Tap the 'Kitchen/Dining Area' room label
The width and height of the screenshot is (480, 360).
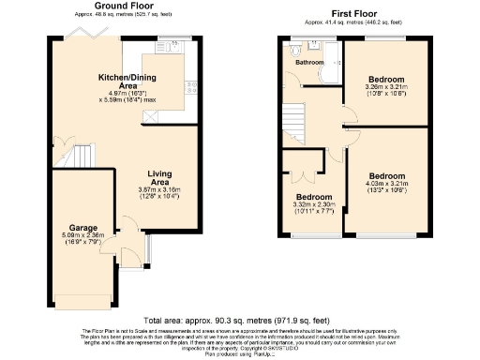[127, 81]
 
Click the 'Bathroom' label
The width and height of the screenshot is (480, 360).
[309, 63]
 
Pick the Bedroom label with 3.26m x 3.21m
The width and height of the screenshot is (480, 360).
[386, 79]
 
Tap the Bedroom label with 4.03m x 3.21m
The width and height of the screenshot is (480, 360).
[386, 176]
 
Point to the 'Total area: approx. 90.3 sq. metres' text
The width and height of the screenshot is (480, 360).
[240, 321]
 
